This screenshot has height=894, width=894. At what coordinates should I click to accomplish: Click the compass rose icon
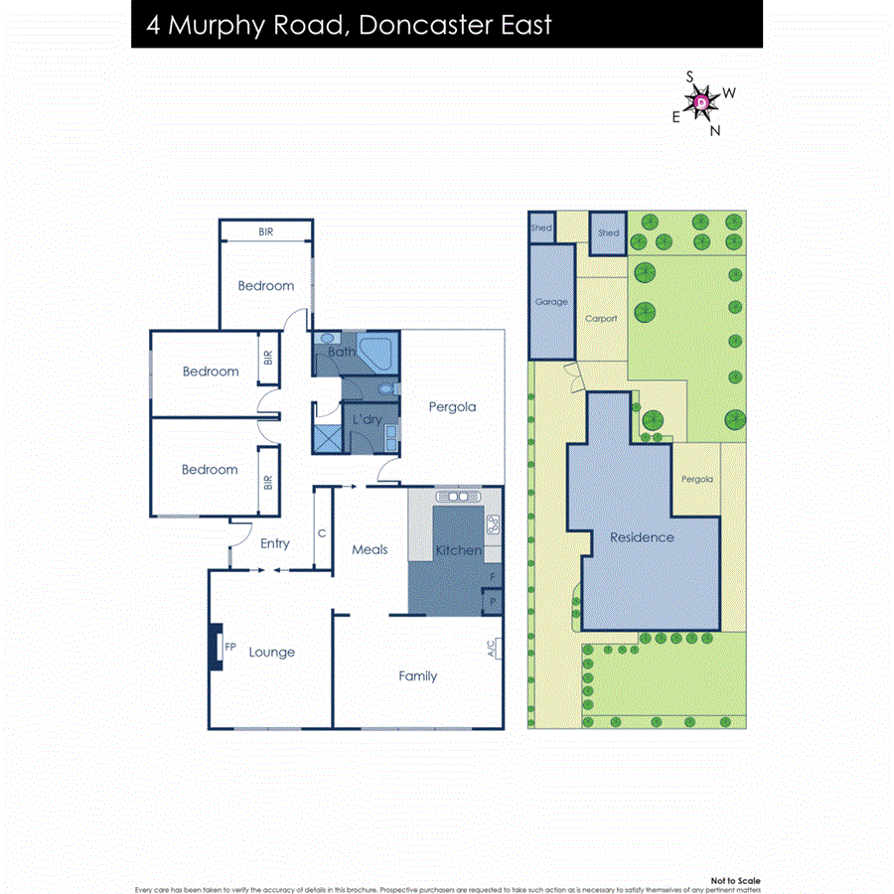coord(701,102)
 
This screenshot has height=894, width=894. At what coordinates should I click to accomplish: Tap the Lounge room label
coord(271,653)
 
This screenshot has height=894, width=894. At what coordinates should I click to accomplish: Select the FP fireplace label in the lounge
coord(230,647)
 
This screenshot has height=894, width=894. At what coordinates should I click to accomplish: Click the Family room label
coord(417,676)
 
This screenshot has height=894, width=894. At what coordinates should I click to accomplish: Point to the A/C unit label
coord(491,650)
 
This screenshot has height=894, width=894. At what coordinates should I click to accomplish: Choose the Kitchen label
coord(458,550)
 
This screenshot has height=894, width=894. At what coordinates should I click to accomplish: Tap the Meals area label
coord(370,549)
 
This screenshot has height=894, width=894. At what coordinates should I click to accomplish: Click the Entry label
coord(275,543)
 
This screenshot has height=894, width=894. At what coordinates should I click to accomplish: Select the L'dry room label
coord(367,420)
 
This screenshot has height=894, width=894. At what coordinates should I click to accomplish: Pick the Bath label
coord(342,352)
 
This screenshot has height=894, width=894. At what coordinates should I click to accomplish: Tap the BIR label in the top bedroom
coord(266,231)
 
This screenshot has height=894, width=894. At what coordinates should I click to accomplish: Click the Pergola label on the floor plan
coord(452,406)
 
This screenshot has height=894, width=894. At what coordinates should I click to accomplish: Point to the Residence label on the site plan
coord(642,537)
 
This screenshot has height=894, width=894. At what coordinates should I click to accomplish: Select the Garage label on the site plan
coord(551,302)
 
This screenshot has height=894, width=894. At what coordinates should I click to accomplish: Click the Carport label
coord(601,319)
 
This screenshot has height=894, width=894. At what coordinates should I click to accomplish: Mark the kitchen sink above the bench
coord(458,497)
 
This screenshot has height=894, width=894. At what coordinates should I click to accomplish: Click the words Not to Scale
coord(736,881)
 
